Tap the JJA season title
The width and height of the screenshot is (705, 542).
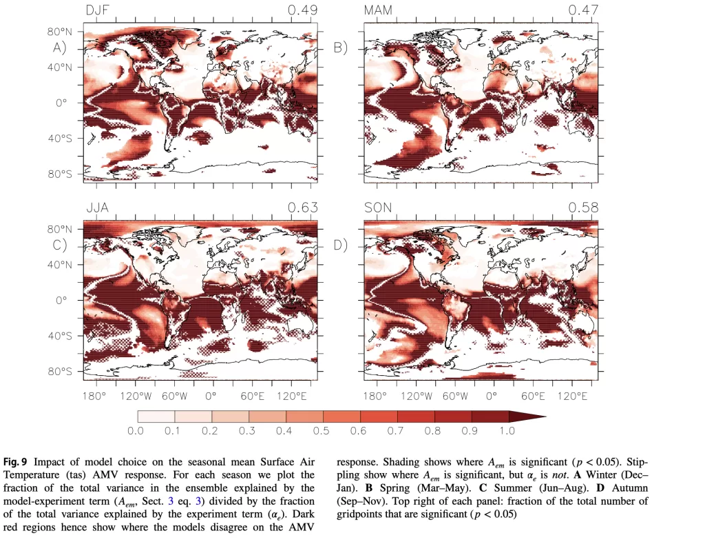(98, 208)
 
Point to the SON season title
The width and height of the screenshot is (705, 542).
(378, 208)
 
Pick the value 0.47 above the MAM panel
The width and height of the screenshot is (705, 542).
(582, 10)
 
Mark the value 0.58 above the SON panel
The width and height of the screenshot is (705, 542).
(582, 208)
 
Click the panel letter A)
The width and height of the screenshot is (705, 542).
(60, 48)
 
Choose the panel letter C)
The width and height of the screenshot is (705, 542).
(60, 245)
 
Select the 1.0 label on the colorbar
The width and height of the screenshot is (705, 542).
(508, 432)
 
